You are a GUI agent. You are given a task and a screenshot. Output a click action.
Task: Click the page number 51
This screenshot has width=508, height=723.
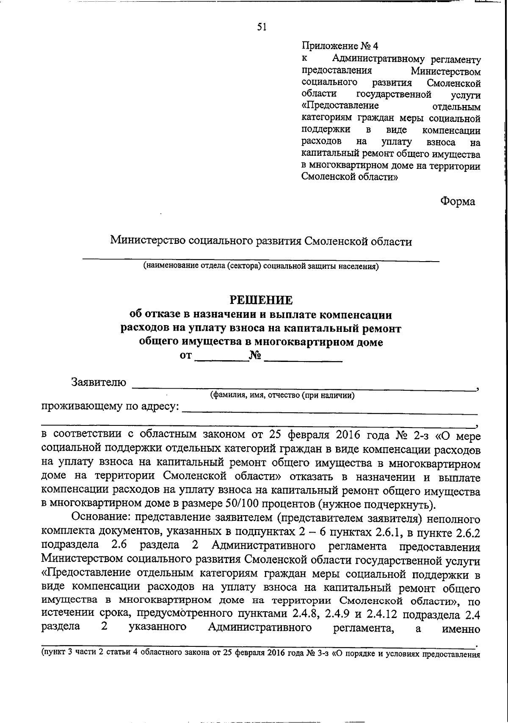tap(262, 27)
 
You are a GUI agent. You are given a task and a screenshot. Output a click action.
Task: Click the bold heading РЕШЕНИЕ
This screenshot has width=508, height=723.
tap(261, 300)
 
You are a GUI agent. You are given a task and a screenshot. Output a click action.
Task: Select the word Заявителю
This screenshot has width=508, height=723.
tap(99, 382)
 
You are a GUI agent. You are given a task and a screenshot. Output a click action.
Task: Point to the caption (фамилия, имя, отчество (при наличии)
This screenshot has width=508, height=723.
tap(282, 395)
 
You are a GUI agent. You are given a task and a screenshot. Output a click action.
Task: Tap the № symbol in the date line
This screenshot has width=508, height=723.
tap(255, 356)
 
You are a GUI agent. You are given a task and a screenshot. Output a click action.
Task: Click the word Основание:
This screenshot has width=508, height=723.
tap(99, 518)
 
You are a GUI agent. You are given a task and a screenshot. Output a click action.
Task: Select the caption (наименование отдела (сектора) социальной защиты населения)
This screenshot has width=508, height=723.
tap(261, 266)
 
